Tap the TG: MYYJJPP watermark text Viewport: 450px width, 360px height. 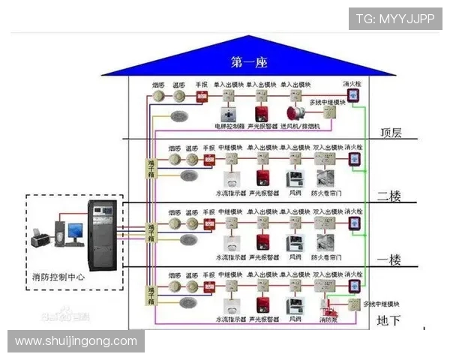[x=394, y=19]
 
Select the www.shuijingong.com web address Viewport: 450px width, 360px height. [x=76, y=340]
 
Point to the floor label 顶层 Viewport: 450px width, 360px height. [x=390, y=133]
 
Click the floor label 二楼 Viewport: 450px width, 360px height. [x=388, y=196]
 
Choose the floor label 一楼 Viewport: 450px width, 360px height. [x=388, y=259]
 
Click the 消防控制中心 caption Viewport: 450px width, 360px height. [x=61, y=277]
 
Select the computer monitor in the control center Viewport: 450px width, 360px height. [x=75, y=231]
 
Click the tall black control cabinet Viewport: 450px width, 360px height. [x=103, y=235]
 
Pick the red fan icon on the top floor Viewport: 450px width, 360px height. [x=293, y=113]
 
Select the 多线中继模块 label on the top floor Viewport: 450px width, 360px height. [x=327, y=102]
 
